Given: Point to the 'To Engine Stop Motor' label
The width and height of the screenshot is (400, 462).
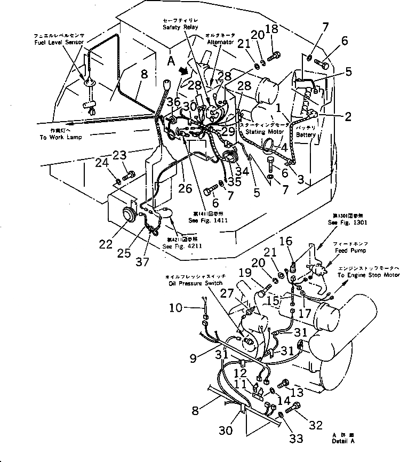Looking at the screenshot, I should coord(367,276).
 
